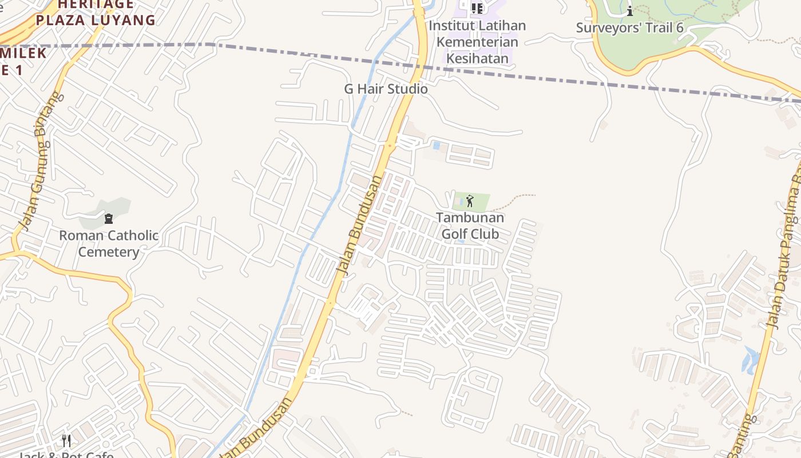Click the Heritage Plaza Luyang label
tap(96, 13)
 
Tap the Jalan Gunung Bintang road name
tap(39, 160)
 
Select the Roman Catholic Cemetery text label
tap(109, 243)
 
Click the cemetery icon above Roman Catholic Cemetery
tap(109, 218)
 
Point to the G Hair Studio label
tap(386, 89)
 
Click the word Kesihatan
tap(477, 58)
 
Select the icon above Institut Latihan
tap(477, 8)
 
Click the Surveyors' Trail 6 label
tap(629, 27)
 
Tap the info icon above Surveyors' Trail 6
tap(630, 11)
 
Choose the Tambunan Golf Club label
tap(470, 226)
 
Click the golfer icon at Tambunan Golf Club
tap(470, 201)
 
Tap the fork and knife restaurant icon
tap(66, 440)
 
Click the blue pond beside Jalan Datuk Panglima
tap(751, 359)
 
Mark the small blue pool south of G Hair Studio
tap(437, 145)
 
